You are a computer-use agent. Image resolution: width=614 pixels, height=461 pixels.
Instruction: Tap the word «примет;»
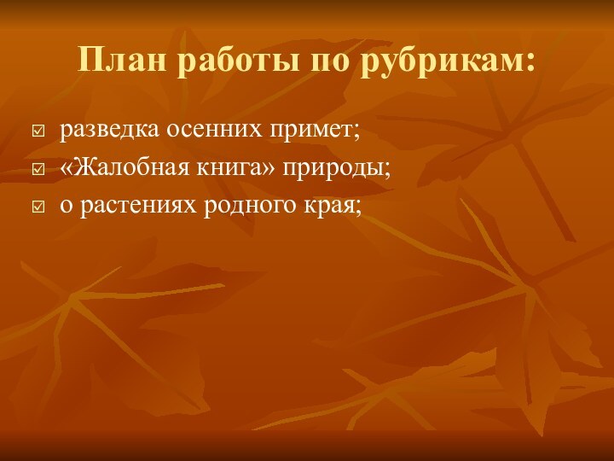click(316, 132)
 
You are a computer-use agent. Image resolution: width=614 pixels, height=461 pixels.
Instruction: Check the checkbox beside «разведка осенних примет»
click(38, 132)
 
